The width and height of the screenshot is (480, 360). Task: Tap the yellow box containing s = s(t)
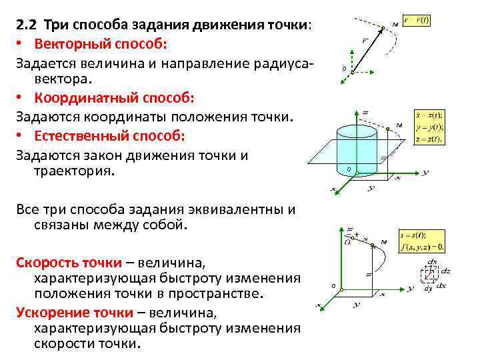(x=423, y=241)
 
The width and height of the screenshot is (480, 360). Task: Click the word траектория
(x=74, y=171)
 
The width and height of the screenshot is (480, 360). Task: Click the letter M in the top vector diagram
(x=396, y=25)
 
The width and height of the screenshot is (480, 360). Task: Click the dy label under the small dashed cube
(x=427, y=288)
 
